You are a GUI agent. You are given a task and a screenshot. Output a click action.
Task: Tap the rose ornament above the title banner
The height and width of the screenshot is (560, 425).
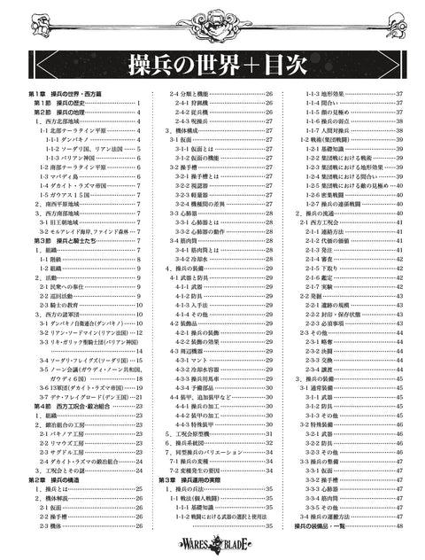tap(212, 19)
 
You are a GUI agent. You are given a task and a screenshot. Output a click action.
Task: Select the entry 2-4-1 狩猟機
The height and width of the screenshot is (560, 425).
tap(199, 104)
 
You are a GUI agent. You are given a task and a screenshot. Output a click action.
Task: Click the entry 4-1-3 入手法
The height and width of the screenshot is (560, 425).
tap(199, 304)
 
